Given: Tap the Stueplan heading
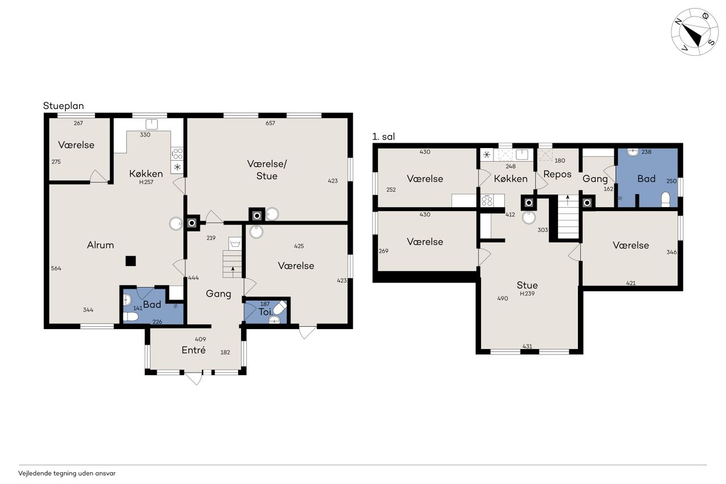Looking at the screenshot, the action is click(x=64, y=106).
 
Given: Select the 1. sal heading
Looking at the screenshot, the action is click(x=383, y=137).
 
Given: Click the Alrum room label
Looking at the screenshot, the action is click(x=100, y=245).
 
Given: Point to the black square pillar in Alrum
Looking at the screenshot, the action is click(x=130, y=261).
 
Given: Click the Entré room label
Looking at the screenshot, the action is click(x=193, y=350).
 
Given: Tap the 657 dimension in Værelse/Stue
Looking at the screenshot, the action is click(x=271, y=123).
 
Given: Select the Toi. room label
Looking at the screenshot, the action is click(x=265, y=312).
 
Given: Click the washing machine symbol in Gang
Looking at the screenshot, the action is click(x=235, y=243).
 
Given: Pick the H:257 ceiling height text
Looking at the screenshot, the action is click(x=146, y=182).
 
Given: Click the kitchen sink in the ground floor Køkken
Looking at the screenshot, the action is click(x=151, y=125).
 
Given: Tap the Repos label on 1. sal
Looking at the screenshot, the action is click(x=558, y=174).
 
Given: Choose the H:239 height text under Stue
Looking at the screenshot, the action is click(x=527, y=294).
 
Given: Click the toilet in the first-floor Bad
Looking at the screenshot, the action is click(x=665, y=199).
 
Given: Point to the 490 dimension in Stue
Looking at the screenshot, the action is click(x=503, y=298).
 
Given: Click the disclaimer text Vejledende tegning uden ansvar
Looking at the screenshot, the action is click(x=67, y=473).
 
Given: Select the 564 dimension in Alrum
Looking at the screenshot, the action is click(x=56, y=268).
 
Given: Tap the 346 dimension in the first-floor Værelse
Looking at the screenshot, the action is click(x=672, y=252).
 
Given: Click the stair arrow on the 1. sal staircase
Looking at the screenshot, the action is click(x=568, y=200).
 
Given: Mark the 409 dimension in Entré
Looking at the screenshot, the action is click(x=201, y=339).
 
